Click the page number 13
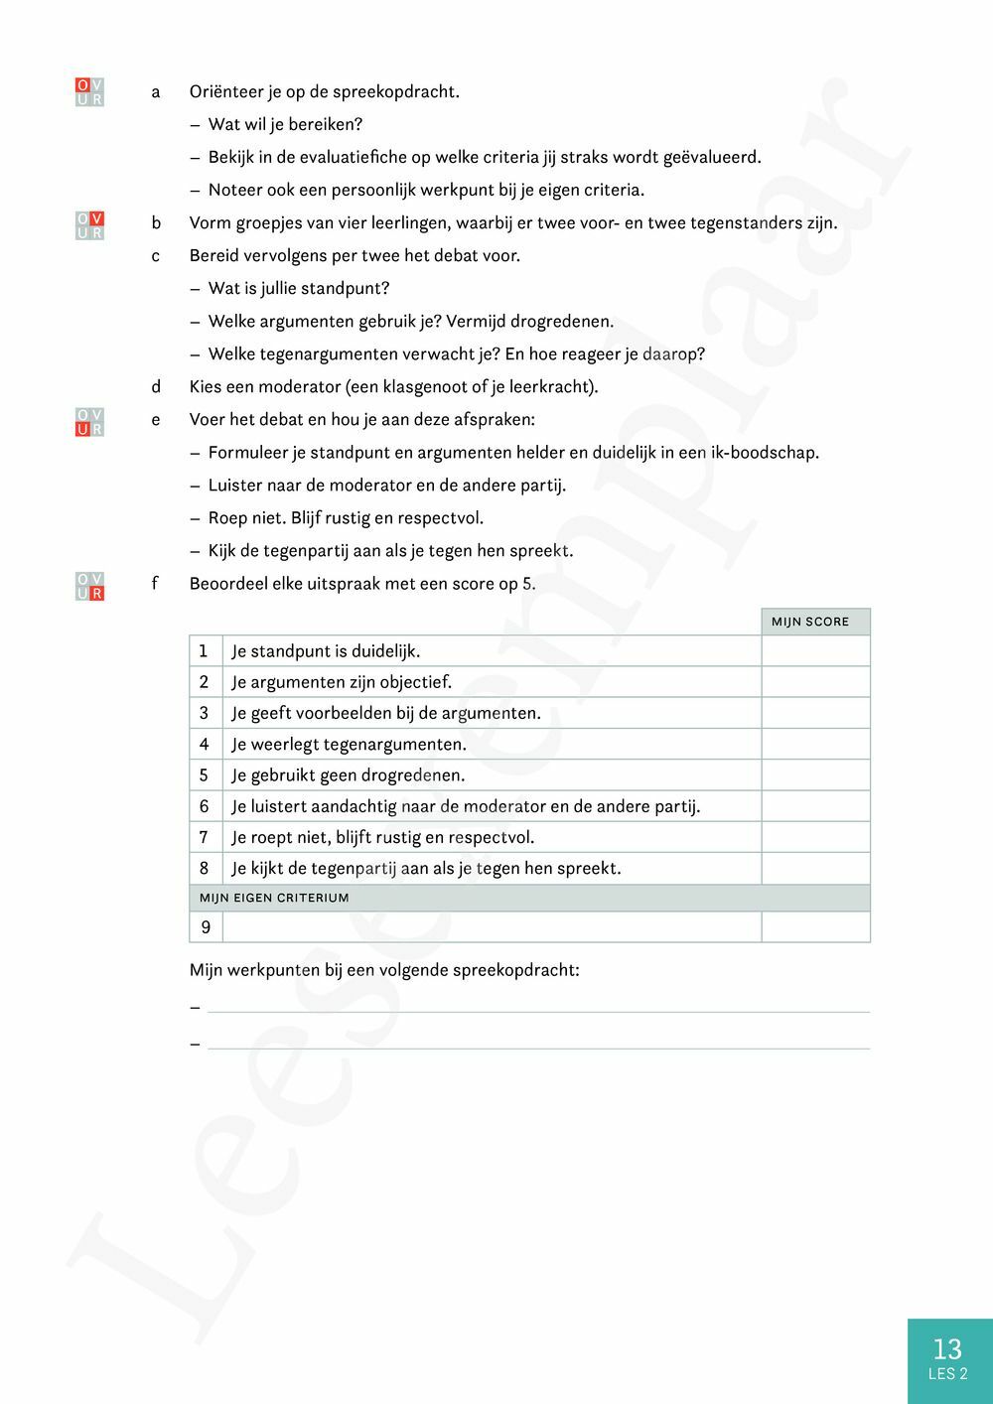[947, 1348]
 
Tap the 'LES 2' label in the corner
[947, 1374]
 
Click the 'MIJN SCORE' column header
[810, 622]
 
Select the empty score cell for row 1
[815, 651]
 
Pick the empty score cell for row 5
[815, 775]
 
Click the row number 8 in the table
[205, 868]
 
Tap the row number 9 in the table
[206, 927]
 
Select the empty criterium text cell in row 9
[492, 927]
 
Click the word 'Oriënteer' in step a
[225, 92]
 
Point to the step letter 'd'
[156, 387]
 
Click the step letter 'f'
[155, 584]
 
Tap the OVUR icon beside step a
[89, 92]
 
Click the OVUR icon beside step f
[89, 587]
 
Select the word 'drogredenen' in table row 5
[416, 775]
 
